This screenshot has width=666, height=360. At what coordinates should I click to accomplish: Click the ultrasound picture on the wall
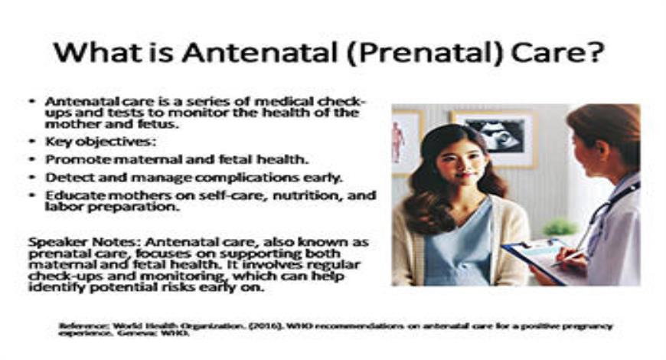(493, 136)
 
